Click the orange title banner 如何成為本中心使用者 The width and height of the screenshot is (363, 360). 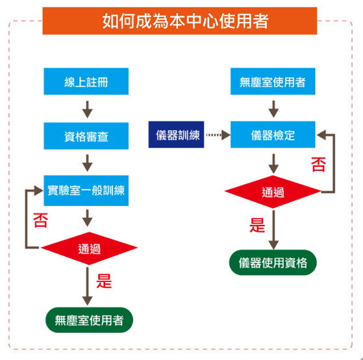pyautogui.click(x=180, y=21)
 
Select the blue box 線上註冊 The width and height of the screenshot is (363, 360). pyautogui.click(x=86, y=81)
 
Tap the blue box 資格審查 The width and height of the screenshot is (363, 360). pyautogui.click(x=86, y=136)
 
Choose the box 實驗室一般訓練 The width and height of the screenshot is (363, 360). pyautogui.click(x=86, y=190)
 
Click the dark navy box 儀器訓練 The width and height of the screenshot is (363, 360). pyautogui.click(x=176, y=135)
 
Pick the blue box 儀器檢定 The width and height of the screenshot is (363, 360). pyautogui.click(x=273, y=135)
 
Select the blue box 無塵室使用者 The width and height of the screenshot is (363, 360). pyautogui.click(x=273, y=81)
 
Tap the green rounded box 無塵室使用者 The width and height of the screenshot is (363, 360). pyautogui.click(x=89, y=320)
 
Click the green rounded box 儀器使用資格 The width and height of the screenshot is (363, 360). pyautogui.click(x=273, y=263)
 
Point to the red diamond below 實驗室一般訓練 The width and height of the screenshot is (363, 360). pyautogui.click(x=89, y=248)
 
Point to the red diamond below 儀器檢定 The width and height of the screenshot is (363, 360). pyautogui.click(x=273, y=192)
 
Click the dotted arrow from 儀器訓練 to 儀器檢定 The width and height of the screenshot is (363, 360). pyautogui.click(x=218, y=135)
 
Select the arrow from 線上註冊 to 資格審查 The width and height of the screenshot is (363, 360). pyautogui.click(x=87, y=109)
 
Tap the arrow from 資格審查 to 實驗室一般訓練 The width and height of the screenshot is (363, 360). pyautogui.click(x=87, y=163)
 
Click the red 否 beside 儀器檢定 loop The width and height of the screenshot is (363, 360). pyautogui.click(x=318, y=164)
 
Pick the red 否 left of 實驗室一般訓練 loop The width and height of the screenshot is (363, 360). pyautogui.click(x=40, y=220)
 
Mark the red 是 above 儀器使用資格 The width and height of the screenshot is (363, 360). pyautogui.click(x=257, y=225)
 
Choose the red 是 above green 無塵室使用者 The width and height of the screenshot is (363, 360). pyautogui.click(x=104, y=281)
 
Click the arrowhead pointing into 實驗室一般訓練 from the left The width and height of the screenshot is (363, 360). pyautogui.click(x=39, y=190)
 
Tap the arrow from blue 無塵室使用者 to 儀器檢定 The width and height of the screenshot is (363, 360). pyautogui.click(x=273, y=109)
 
